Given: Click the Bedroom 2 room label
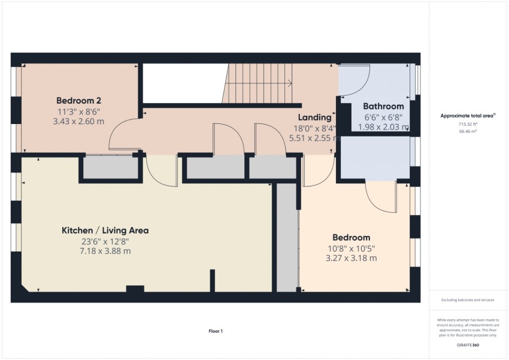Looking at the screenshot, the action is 78,100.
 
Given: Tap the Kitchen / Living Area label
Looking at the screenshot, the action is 105,231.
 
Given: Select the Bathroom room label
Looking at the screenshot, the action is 383,106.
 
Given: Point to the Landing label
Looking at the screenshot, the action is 314,117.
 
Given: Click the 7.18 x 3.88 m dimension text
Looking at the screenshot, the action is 105,251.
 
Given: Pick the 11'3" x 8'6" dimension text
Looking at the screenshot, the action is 79,111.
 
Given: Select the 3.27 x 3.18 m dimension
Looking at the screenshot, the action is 352,258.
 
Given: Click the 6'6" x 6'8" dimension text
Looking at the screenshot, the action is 383,117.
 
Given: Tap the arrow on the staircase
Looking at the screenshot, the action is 259,83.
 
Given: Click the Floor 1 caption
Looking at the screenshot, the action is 216,331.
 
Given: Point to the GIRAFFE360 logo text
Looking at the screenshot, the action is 468,345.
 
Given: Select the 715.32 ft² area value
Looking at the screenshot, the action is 468,124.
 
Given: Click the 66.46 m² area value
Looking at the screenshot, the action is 468,131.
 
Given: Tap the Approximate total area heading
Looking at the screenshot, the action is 468,116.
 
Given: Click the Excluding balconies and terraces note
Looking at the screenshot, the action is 468,300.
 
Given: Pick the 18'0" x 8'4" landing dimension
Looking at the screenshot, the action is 314,129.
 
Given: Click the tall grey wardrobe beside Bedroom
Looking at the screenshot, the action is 287,238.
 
